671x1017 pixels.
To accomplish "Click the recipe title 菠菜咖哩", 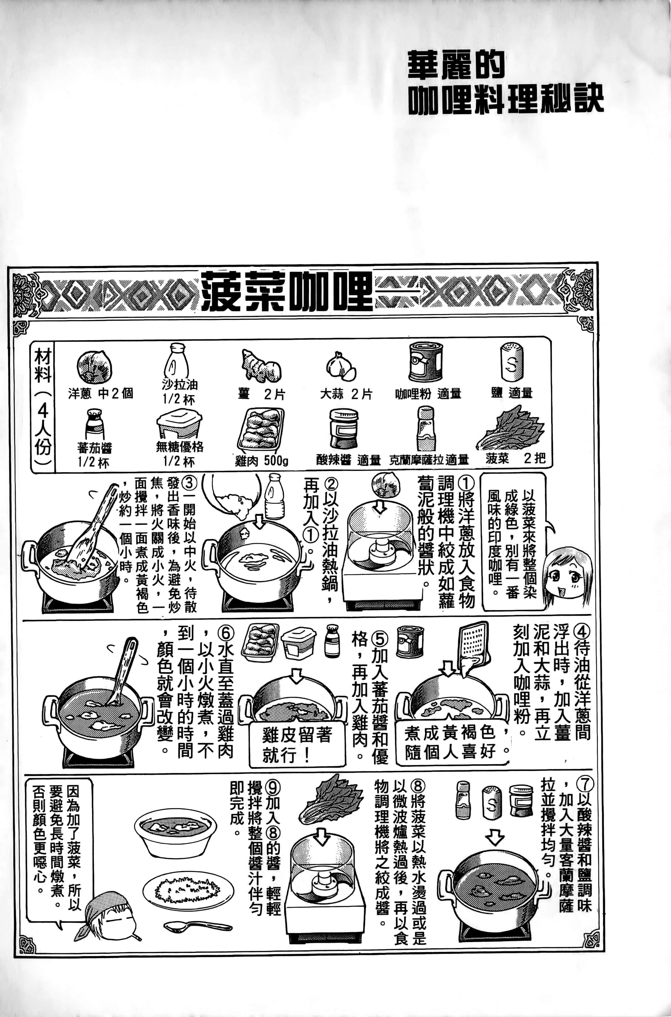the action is [286, 291].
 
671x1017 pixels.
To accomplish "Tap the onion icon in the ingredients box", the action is [95, 367].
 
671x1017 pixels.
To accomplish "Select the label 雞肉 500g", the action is [261, 460].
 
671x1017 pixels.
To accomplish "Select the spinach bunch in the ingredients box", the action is [510, 428].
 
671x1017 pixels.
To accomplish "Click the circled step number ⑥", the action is [226, 633].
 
